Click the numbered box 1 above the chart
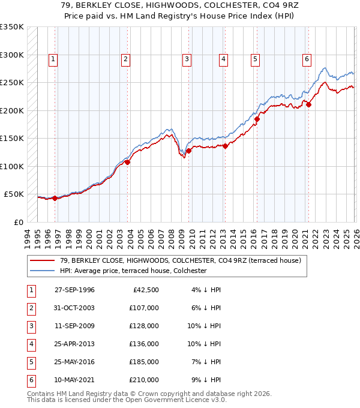[53, 59]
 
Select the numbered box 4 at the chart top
[223, 59]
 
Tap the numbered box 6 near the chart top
[307, 59]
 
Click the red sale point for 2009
[188, 151]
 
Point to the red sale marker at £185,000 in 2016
[257, 119]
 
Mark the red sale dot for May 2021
[309, 105]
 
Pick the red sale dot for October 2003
[127, 162]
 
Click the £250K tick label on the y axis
[12, 83]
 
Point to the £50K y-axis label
[14, 194]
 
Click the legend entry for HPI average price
[133, 271]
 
